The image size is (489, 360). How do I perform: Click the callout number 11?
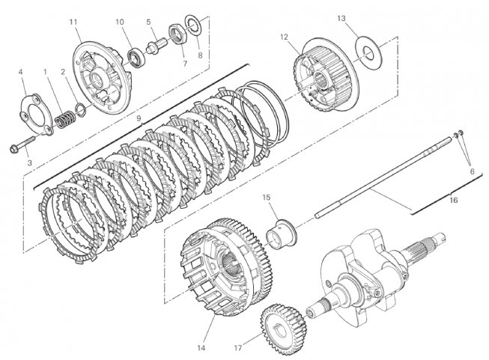tap(74, 21)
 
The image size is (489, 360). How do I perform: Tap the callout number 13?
tap(341, 17)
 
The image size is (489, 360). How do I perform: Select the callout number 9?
tap(139, 118)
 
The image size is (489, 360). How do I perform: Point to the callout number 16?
tap(453, 200)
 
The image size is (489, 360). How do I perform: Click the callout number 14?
tap(201, 327)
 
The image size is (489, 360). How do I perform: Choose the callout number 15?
tap(266, 197)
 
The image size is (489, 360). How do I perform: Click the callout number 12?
tap(284, 37)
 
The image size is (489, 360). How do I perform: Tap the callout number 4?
tap(21, 72)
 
